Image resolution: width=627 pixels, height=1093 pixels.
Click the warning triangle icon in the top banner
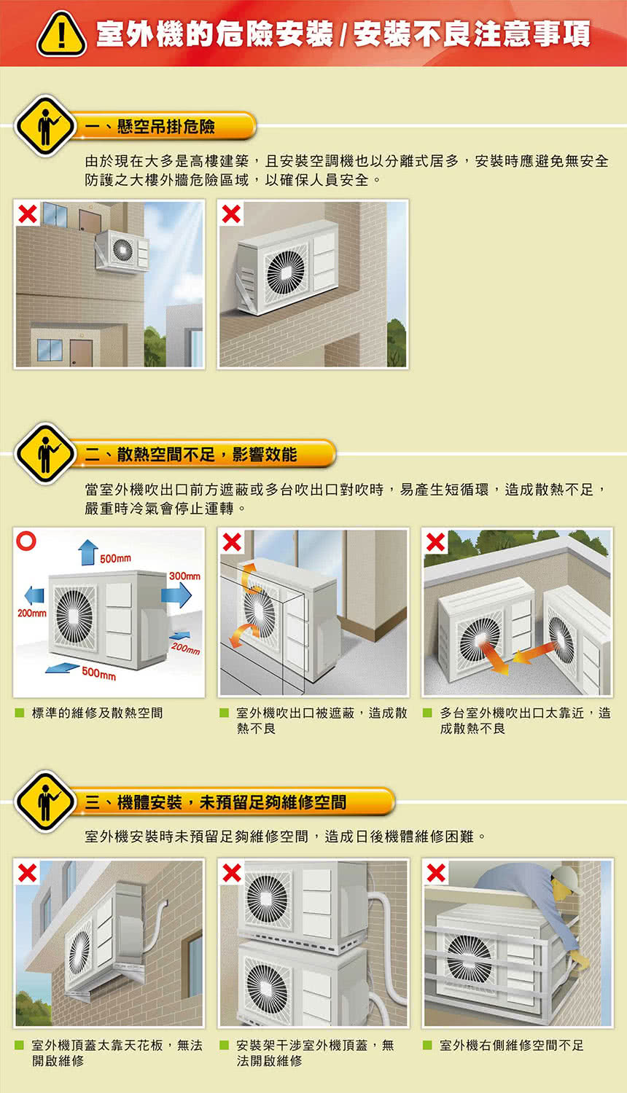pyautogui.click(x=61, y=34)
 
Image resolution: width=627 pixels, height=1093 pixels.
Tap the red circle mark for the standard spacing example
pyautogui.click(x=27, y=541)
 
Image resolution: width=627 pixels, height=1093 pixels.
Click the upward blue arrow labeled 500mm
pyautogui.click(x=87, y=552)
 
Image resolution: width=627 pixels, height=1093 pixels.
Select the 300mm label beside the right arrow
pyautogui.click(x=184, y=576)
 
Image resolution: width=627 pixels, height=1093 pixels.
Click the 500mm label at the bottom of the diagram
pyautogui.click(x=98, y=675)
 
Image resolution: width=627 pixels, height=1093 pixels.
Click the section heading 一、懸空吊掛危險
pyautogui.click(x=149, y=127)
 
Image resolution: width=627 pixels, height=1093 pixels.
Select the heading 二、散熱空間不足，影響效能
pyautogui.click(x=190, y=455)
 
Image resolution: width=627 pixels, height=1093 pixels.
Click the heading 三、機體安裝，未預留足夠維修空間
pyautogui.click(x=216, y=802)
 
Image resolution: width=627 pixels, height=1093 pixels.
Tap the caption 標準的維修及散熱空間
pyautogui.click(x=97, y=713)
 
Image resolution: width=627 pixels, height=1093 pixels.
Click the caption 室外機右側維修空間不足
pyautogui.click(x=511, y=1045)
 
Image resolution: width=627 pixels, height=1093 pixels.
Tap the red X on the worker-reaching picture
pyautogui.click(x=436, y=872)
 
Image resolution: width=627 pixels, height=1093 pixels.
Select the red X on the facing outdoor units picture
pyautogui.click(x=436, y=542)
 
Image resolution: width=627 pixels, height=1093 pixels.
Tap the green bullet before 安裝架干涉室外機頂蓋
pyautogui.click(x=225, y=1045)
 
